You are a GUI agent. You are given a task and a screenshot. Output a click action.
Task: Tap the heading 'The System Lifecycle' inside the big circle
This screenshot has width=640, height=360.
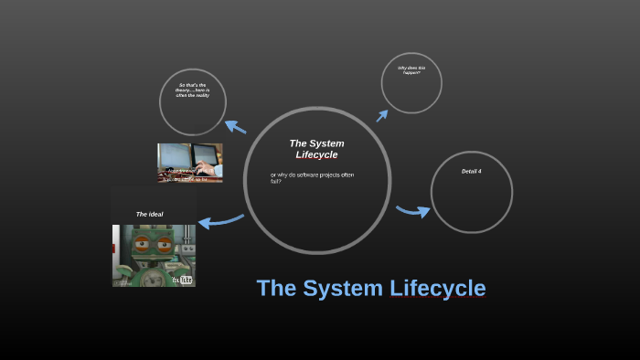click(316, 149)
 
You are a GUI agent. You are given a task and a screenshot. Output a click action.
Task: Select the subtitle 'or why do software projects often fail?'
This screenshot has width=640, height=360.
click(312, 177)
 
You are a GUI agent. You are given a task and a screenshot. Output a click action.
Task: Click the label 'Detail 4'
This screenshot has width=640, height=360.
click(471, 172)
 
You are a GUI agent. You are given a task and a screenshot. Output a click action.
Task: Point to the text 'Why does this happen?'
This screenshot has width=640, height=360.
click(410, 69)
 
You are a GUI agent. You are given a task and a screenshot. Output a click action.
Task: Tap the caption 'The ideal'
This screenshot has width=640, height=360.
click(149, 214)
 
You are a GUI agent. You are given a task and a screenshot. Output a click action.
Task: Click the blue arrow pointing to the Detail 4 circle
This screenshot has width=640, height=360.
click(412, 212)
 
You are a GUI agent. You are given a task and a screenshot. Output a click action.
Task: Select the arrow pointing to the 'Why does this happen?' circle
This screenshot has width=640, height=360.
click(381, 115)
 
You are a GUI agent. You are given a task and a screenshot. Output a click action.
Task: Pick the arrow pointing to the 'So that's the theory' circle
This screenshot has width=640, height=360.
click(236, 127)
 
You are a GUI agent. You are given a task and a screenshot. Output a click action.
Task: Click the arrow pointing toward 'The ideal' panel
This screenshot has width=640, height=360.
click(219, 220)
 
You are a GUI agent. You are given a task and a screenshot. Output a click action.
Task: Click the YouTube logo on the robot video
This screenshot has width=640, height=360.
click(183, 279)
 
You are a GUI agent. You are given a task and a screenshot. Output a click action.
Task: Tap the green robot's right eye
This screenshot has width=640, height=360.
click(165, 244)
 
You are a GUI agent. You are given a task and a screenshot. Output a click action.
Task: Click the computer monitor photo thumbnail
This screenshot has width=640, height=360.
click(190, 163)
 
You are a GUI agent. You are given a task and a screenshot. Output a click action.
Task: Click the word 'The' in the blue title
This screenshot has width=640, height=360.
click(275, 289)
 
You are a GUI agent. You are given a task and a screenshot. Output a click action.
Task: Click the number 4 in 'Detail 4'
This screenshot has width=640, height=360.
click(479, 172)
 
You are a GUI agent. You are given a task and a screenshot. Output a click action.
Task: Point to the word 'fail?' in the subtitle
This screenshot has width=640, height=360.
click(276, 181)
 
